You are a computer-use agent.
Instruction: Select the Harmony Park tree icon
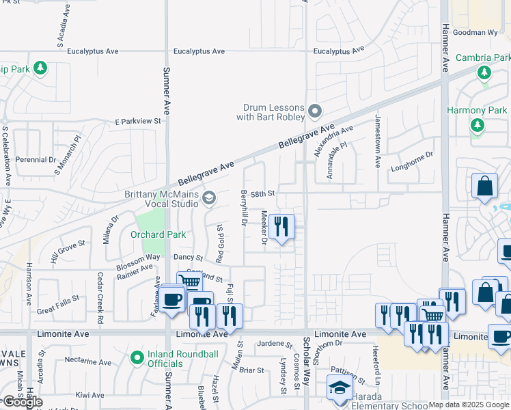coord(477,125)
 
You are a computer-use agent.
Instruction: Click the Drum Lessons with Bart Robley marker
coord(314,110)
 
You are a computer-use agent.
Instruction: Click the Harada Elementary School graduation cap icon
coord(338,388)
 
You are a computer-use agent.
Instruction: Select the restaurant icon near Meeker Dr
coord(281,226)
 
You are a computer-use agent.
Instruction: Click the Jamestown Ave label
coord(377,141)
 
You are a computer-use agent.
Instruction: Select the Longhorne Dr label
coord(412,161)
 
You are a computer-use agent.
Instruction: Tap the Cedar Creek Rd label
coord(100,298)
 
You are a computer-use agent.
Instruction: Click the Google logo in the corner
coord(23,402)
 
